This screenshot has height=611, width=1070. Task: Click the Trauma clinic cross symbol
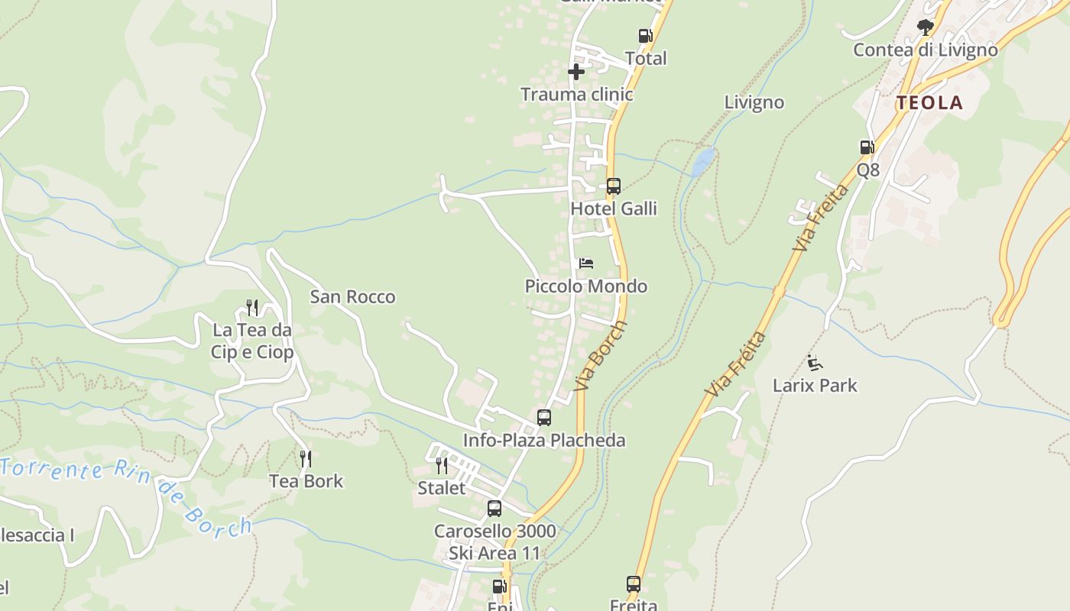tap(576, 72)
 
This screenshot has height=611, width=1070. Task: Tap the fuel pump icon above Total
tap(645, 35)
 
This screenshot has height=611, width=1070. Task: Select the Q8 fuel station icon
tap(867, 147)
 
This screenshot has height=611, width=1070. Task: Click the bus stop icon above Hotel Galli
tap(613, 186)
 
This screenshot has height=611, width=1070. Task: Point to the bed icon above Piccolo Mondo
tap(586, 263)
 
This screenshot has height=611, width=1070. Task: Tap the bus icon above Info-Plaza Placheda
tap(544, 418)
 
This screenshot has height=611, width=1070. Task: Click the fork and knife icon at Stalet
tap(442, 465)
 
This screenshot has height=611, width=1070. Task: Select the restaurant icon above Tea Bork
tap(306, 458)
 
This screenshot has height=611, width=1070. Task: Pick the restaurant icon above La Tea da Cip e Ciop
tap(252, 307)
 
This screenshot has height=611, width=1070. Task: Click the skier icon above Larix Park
tap(815, 363)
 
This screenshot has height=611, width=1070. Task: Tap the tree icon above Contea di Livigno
tap(925, 27)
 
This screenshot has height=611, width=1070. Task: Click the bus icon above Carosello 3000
tap(494, 508)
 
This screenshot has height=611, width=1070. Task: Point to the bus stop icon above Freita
tap(634, 584)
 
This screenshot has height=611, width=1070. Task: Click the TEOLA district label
tap(929, 103)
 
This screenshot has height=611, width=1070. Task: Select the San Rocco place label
tap(352, 297)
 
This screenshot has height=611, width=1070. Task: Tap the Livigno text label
tap(754, 102)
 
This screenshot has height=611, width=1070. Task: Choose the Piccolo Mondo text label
tap(585, 286)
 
